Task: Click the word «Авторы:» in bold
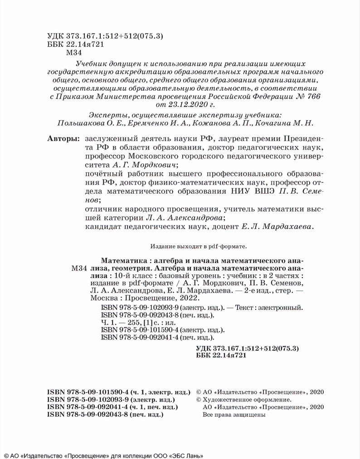click(62, 138)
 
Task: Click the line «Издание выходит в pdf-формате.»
click(198, 247)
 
